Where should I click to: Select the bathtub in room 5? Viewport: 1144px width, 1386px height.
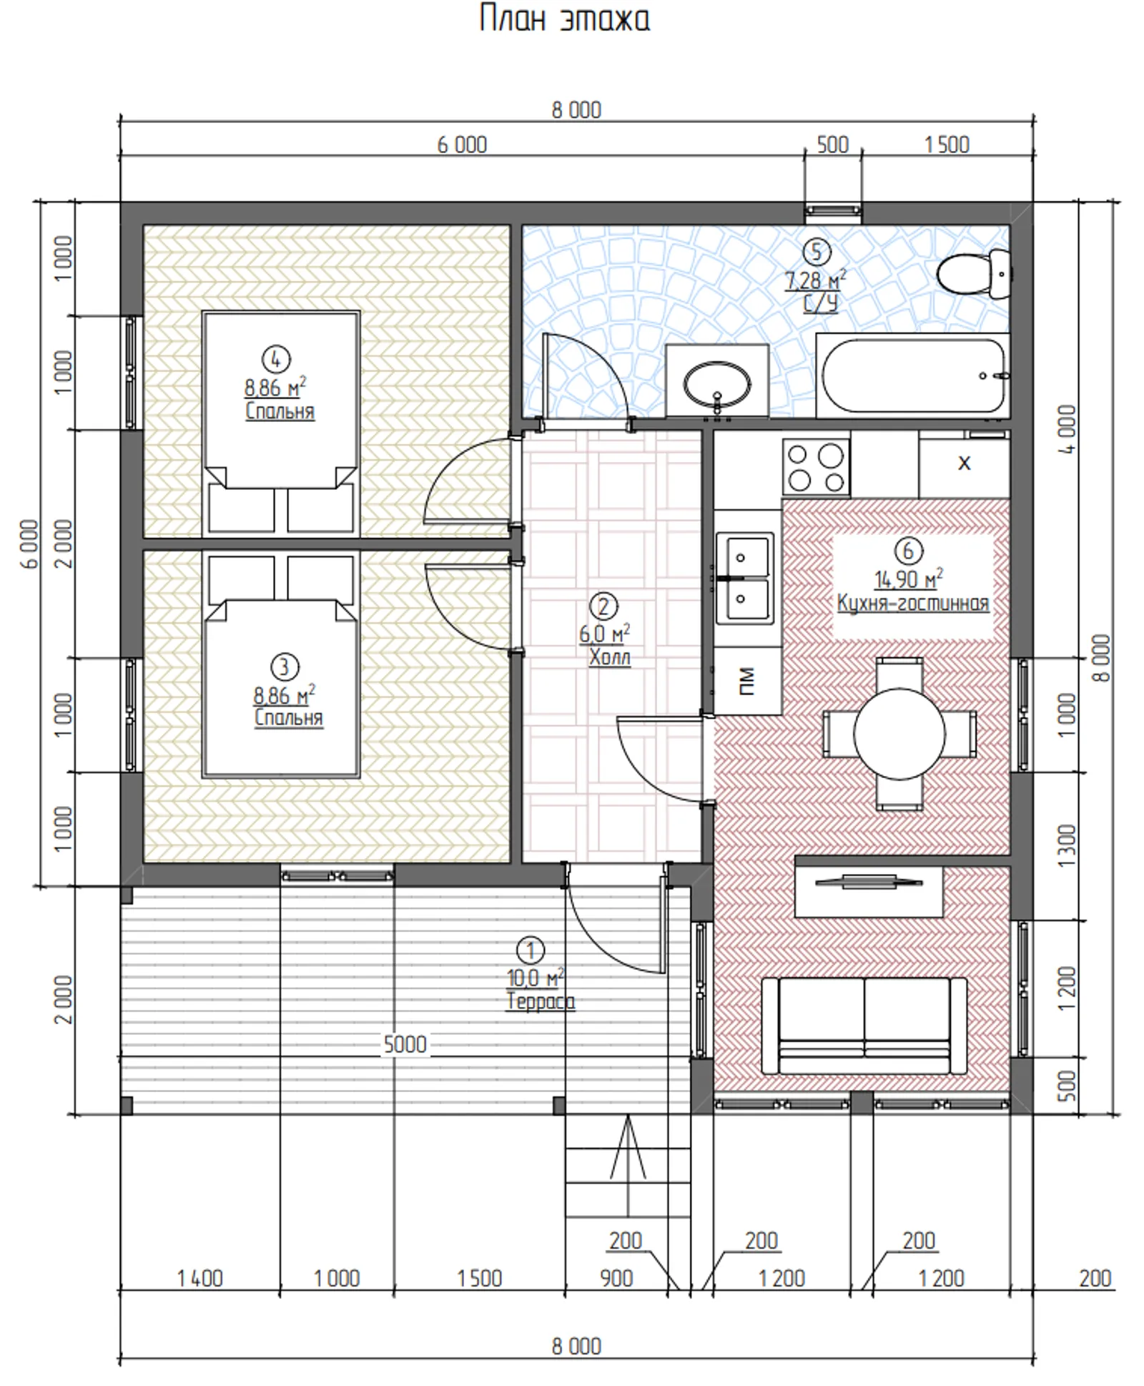(x=913, y=375)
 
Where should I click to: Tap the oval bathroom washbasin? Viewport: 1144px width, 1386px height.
(x=717, y=385)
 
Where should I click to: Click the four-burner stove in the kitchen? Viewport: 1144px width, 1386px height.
(x=816, y=467)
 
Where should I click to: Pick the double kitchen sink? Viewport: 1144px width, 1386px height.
(x=745, y=577)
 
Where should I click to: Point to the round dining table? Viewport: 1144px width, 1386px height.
(x=899, y=734)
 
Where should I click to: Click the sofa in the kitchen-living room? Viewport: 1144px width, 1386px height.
(x=864, y=1025)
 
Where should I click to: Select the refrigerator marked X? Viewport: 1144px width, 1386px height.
(x=964, y=463)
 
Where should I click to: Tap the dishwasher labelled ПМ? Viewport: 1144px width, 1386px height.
(x=747, y=680)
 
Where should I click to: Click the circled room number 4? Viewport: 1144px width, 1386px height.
(x=276, y=358)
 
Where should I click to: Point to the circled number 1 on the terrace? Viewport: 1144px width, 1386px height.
(x=530, y=950)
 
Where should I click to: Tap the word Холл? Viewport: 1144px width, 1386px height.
(x=610, y=657)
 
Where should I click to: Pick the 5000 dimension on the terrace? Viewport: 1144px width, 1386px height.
(x=405, y=1045)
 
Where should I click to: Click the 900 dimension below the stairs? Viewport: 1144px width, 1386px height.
(x=616, y=1278)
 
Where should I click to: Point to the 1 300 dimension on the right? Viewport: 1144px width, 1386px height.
(x=1066, y=846)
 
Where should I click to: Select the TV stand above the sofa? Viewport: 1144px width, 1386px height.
(x=869, y=891)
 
